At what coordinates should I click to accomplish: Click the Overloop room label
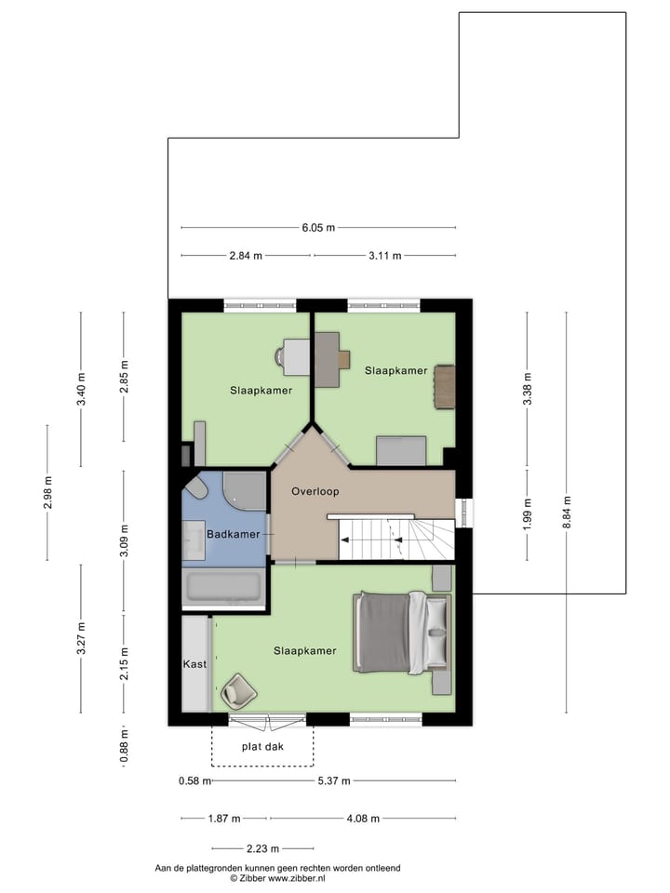tap(315, 491)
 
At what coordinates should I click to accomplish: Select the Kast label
tap(194, 664)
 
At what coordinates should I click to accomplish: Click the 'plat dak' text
tap(261, 747)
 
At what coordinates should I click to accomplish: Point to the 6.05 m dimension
tap(317, 228)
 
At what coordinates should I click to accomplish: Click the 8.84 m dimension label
tap(566, 513)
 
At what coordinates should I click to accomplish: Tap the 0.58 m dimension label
tap(193, 781)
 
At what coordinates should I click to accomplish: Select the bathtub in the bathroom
tap(224, 587)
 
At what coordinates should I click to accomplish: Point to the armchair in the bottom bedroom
tap(238, 690)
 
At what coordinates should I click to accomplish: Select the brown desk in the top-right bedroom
tap(329, 359)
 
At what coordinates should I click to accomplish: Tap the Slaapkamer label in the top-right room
tap(395, 370)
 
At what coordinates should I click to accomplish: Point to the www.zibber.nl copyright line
tap(277, 877)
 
